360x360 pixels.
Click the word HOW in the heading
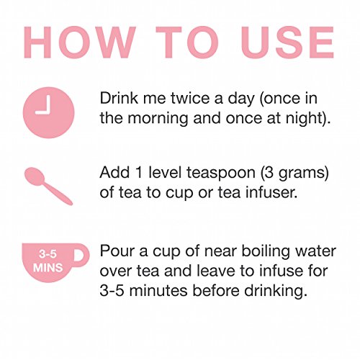click(x=79, y=42)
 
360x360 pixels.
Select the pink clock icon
click(x=49, y=112)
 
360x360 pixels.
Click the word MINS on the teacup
click(x=48, y=267)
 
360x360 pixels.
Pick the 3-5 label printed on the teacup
click(x=48, y=254)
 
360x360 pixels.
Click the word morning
click(x=158, y=119)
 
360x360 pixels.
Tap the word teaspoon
click(x=221, y=174)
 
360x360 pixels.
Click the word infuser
click(x=271, y=192)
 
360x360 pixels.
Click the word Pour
click(x=117, y=251)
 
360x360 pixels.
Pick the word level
click(x=165, y=173)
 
